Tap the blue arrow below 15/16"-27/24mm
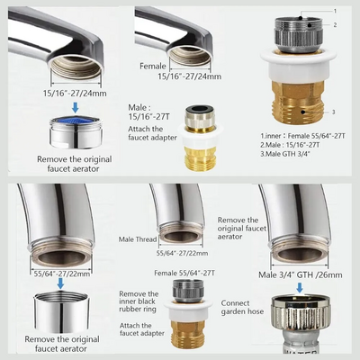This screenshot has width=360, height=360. tap(76, 107)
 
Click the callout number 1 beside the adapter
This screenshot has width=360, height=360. tap(335, 11)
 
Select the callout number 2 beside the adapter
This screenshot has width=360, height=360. tap(335, 25)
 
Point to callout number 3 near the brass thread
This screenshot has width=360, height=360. tap(334, 112)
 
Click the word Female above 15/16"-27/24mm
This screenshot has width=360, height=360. tap(153, 66)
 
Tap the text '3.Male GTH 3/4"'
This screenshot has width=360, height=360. tap(285, 154)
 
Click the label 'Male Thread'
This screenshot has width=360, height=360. tap(138, 239)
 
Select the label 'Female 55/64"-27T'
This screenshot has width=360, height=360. tap(184, 273)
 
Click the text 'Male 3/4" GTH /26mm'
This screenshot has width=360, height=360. tap(301, 274)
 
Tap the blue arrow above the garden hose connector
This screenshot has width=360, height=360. tap(300, 288)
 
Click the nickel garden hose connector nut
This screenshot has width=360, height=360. tap(301, 312)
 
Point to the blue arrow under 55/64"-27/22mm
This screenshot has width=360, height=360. tap(60, 283)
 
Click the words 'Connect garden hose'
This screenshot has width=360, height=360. tap(242, 308)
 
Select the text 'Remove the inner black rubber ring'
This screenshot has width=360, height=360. tap(138, 301)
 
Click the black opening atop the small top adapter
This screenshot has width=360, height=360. tap(201, 108)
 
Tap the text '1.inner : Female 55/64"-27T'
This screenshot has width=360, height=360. tap(302, 136)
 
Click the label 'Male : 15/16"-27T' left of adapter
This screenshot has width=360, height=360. tap(148, 112)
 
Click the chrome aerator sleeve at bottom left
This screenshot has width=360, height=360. tap(60, 312)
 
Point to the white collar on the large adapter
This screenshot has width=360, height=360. tap(298, 65)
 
